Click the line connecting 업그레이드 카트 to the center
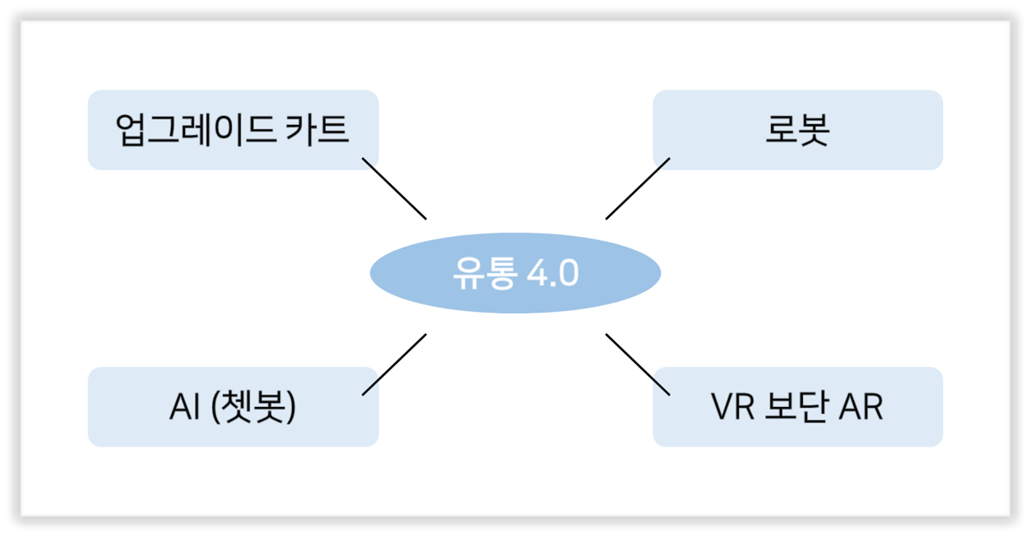click(x=394, y=188)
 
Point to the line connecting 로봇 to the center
click(x=638, y=188)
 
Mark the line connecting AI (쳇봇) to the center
click(x=394, y=364)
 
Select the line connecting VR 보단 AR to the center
click(x=638, y=364)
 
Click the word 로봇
click(x=797, y=130)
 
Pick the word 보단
click(x=796, y=407)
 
